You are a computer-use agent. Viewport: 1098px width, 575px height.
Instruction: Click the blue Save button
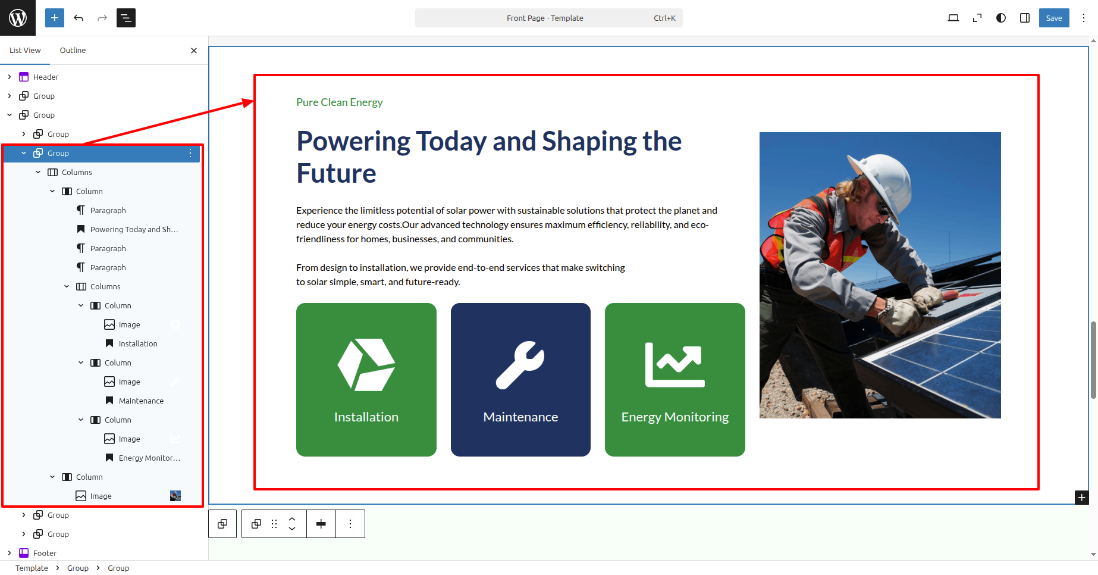[x=1053, y=18]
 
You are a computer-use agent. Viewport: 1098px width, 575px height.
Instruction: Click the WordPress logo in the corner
[x=18, y=18]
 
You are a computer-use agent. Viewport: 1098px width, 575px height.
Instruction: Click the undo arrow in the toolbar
[x=79, y=18]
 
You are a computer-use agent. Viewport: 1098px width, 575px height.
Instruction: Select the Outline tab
[x=73, y=51]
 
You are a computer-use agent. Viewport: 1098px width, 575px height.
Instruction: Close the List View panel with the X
[x=194, y=51]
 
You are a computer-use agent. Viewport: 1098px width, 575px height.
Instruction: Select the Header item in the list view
[x=46, y=77]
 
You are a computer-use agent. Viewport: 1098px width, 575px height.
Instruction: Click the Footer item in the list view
[x=45, y=553]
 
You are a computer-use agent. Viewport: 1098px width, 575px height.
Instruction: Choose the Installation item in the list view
[x=138, y=343]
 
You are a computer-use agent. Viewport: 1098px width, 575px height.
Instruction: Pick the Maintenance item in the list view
[x=141, y=401]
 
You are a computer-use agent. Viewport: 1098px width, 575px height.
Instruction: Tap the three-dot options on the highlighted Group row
[x=190, y=153]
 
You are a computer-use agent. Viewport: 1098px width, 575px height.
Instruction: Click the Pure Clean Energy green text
[x=340, y=102]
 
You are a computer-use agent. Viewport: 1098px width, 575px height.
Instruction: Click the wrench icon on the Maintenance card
[x=520, y=365]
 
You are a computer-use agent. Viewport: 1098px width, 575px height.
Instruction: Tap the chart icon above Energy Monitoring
[x=675, y=365]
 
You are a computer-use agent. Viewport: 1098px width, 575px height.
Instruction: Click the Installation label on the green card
[x=366, y=417]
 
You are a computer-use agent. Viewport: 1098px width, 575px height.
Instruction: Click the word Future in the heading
[x=336, y=174]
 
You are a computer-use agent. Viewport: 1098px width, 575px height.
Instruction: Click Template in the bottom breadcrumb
[x=32, y=568]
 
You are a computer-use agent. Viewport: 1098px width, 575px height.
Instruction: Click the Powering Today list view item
[x=134, y=229]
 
